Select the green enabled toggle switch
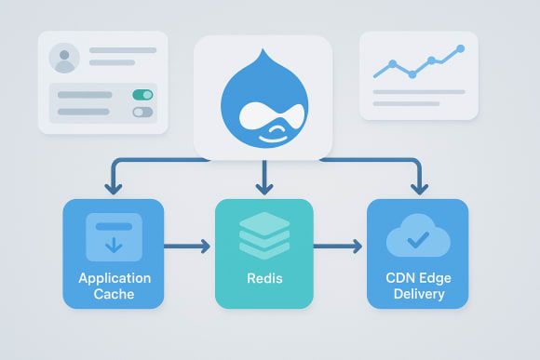click(142, 95)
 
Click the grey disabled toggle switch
click(142, 112)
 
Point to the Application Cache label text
click(114, 286)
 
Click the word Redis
click(264, 279)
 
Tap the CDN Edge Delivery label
click(415, 286)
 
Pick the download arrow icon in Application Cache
click(113, 237)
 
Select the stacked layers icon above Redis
click(264, 234)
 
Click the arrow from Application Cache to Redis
click(188, 247)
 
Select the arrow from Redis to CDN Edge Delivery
click(338, 247)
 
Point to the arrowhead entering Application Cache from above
click(114, 189)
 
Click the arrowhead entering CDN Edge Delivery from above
click(416, 189)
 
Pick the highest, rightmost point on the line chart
click(459, 48)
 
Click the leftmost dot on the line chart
click(392, 65)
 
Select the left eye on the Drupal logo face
click(248, 116)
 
